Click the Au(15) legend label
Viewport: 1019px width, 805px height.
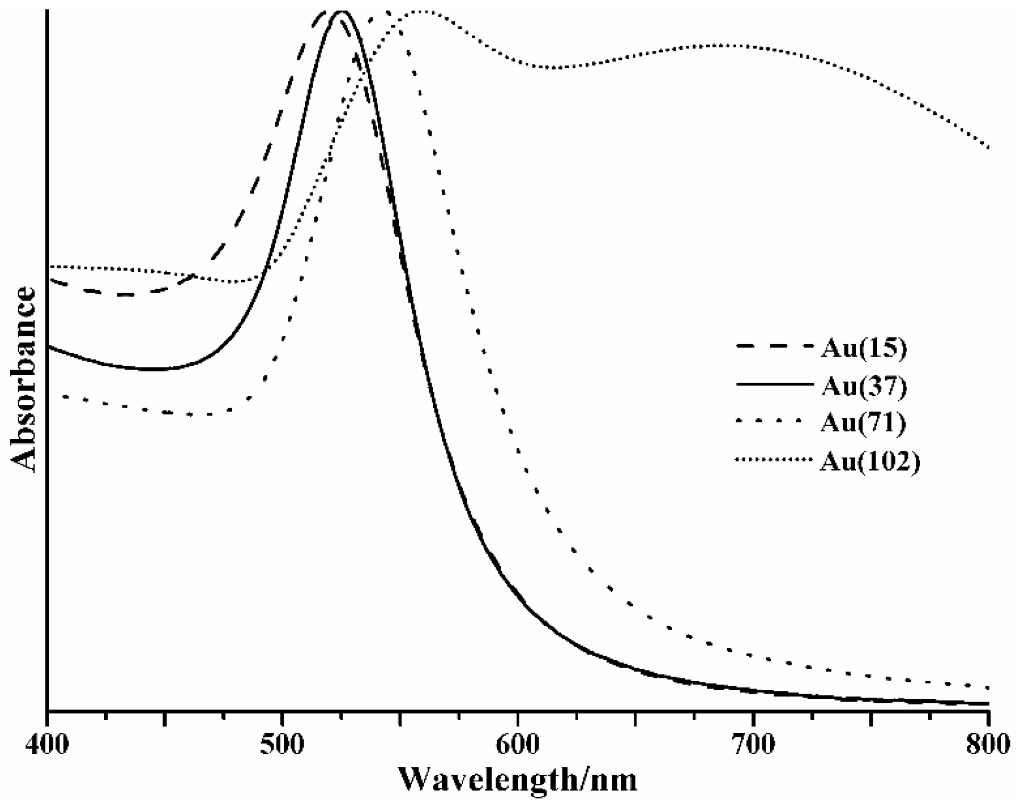(863, 348)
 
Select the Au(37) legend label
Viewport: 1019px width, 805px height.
(863, 386)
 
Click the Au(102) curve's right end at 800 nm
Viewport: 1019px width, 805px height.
(988, 147)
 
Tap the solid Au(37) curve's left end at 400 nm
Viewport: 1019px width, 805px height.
(49, 347)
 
